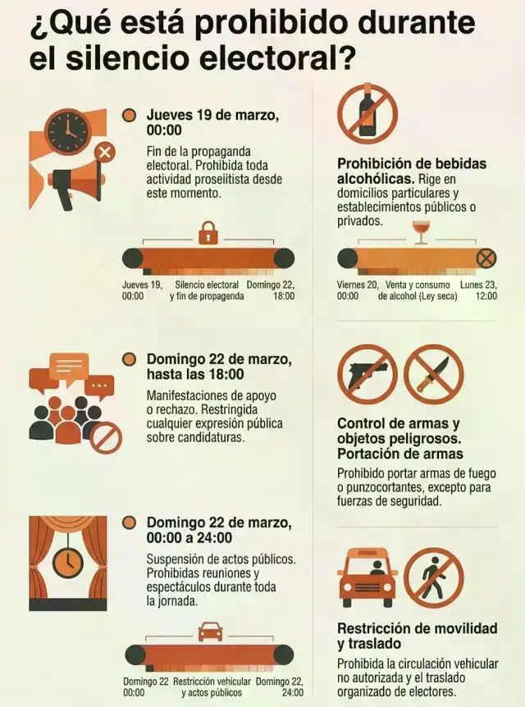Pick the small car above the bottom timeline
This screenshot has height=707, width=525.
pyautogui.click(x=210, y=631)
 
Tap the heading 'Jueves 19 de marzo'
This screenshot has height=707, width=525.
pyautogui.click(x=212, y=115)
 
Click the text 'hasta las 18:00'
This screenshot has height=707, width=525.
pyautogui.click(x=195, y=374)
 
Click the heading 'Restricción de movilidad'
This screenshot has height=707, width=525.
pyautogui.click(x=418, y=628)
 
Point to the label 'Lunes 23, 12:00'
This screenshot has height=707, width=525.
pyautogui.click(x=478, y=290)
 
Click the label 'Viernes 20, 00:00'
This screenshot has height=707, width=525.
pyautogui.click(x=358, y=290)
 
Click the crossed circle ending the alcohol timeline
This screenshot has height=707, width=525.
pyautogui.click(x=486, y=258)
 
